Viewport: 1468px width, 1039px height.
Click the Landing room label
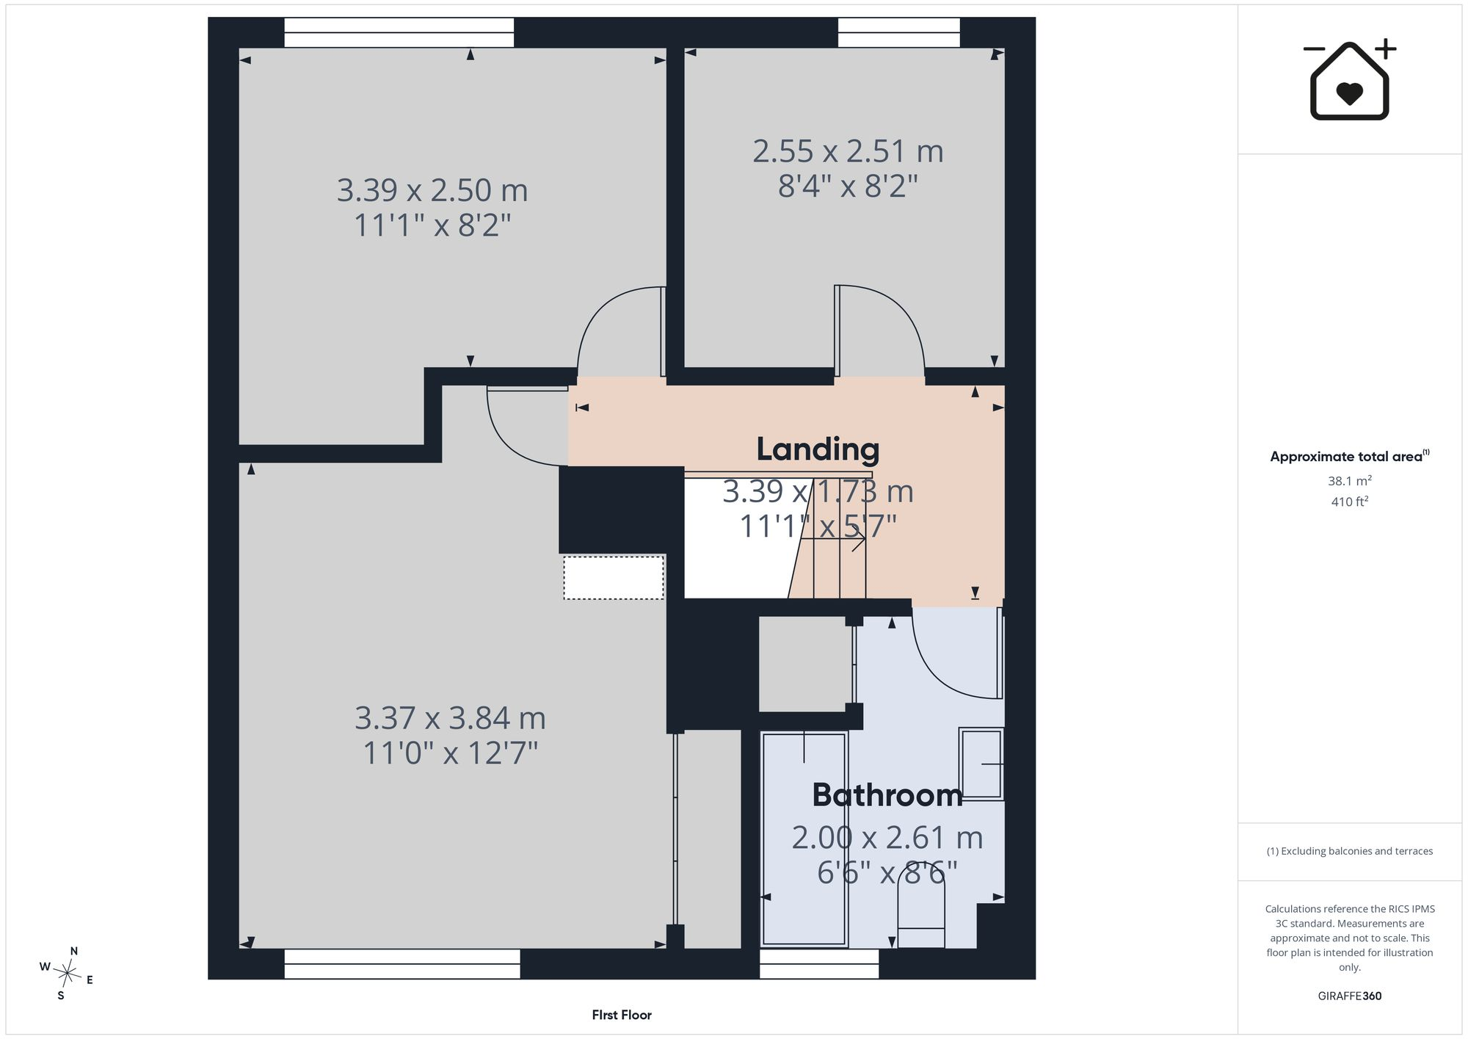tap(818, 449)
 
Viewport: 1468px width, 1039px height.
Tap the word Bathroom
tap(887, 795)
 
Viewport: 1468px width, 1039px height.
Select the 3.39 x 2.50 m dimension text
tap(432, 190)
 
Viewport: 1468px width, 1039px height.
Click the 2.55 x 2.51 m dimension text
tap(848, 151)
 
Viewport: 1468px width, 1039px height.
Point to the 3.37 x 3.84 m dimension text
tap(450, 718)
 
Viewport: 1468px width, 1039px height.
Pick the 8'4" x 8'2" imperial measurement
tap(848, 186)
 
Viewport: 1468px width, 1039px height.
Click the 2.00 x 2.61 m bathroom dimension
tap(887, 838)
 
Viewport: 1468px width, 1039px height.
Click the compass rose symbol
tap(67, 974)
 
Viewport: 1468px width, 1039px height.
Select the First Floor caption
tap(622, 1015)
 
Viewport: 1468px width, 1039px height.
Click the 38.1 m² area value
tap(1350, 481)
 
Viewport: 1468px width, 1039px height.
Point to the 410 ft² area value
tap(1350, 502)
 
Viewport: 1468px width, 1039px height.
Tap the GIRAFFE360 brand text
tap(1350, 996)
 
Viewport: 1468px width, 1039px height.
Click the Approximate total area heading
tap(1350, 456)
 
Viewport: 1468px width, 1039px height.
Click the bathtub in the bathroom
tap(804, 838)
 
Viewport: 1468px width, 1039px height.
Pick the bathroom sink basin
tap(981, 764)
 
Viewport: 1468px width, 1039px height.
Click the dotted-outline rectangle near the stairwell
tap(614, 578)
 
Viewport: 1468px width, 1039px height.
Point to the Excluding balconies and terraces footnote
tap(1350, 851)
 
